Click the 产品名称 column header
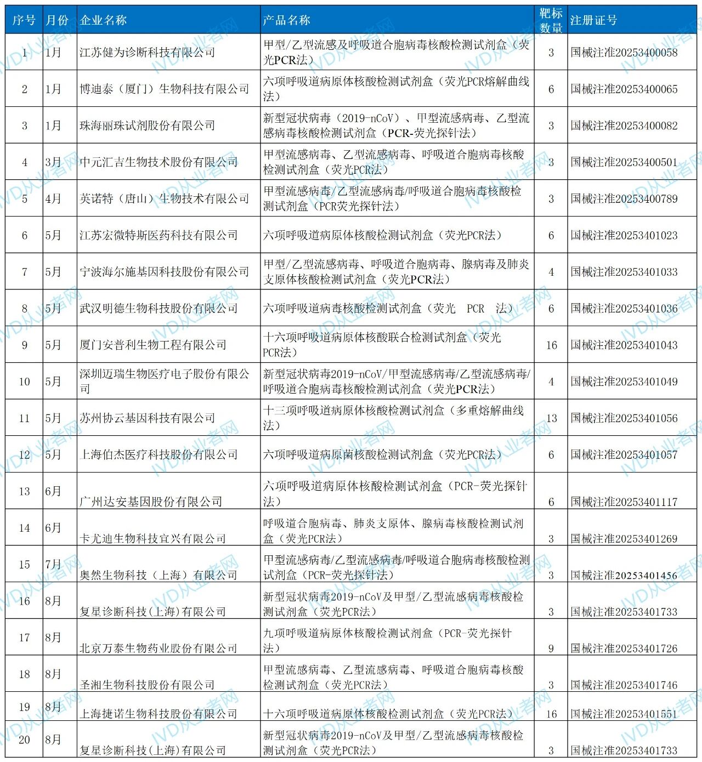(287, 20)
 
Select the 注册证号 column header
(594, 20)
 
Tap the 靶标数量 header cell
(551, 20)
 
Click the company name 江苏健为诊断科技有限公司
(147, 53)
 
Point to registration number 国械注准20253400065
(624, 89)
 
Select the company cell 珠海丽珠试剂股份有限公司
(147, 126)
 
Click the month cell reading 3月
(53, 162)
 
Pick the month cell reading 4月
(53, 198)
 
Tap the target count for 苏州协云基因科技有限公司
(551, 418)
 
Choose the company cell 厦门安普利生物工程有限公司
(153, 345)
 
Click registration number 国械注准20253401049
(624, 382)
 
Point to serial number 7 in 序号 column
(24, 272)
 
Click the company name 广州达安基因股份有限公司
(151, 502)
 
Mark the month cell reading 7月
(53, 564)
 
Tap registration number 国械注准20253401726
(624, 649)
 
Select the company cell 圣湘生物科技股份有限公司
(147, 685)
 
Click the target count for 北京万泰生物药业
(551, 649)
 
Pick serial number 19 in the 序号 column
(24, 707)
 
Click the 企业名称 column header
(104, 20)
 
